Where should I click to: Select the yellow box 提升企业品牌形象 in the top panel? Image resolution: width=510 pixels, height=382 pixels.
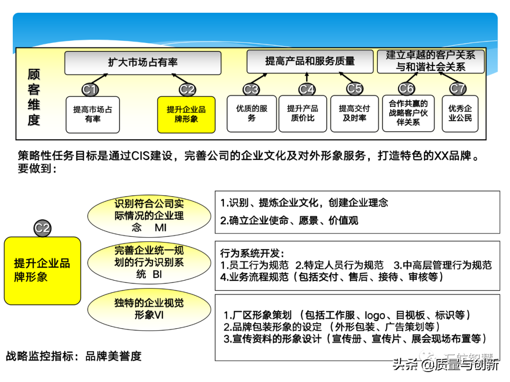pyautogui.click(x=186, y=114)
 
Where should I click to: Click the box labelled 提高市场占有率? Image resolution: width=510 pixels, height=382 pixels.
pyautogui.click(x=93, y=114)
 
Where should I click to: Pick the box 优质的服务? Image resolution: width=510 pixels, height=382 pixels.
pyautogui.click(x=252, y=113)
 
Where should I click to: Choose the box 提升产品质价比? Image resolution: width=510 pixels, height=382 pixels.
pyautogui.click(x=303, y=113)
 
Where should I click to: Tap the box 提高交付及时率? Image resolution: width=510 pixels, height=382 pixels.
pyautogui.click(x=354, y=113)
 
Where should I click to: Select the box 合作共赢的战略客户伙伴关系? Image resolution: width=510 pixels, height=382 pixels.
pyautogui.click(x=408, y=113)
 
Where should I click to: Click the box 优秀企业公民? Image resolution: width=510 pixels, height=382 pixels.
pyautogui.click(x=460, y=113)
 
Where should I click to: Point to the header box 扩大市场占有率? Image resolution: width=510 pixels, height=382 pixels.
pyautogui.click(x=143, y=63)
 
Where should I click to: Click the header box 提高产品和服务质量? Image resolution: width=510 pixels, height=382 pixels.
pyautogui.click(x=310, y=61)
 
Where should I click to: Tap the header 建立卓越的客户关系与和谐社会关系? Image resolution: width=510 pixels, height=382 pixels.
pyautogui.click(x=430, y=61)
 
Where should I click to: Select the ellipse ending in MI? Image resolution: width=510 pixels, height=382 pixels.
pyautogui.click(x=149, y=216)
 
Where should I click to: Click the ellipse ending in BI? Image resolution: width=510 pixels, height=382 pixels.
pyautogui.click(x=149, y=262)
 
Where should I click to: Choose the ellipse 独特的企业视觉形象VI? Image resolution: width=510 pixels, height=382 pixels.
pyautogui.click(x=149, y=308)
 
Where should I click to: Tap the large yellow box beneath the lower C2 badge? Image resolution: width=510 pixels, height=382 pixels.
pyautogui.click(x=42, y=270)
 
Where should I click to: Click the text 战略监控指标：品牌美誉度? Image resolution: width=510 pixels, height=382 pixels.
pyautogui.click(x=74, y=356)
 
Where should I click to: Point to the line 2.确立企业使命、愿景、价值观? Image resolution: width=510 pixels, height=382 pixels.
pyautogui.click(x=289, y=220)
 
